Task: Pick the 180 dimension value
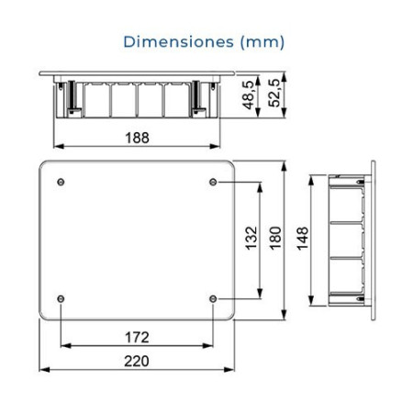pos(273,240)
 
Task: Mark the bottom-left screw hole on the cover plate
pos(61,298)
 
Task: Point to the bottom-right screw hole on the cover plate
pos(213,298)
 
